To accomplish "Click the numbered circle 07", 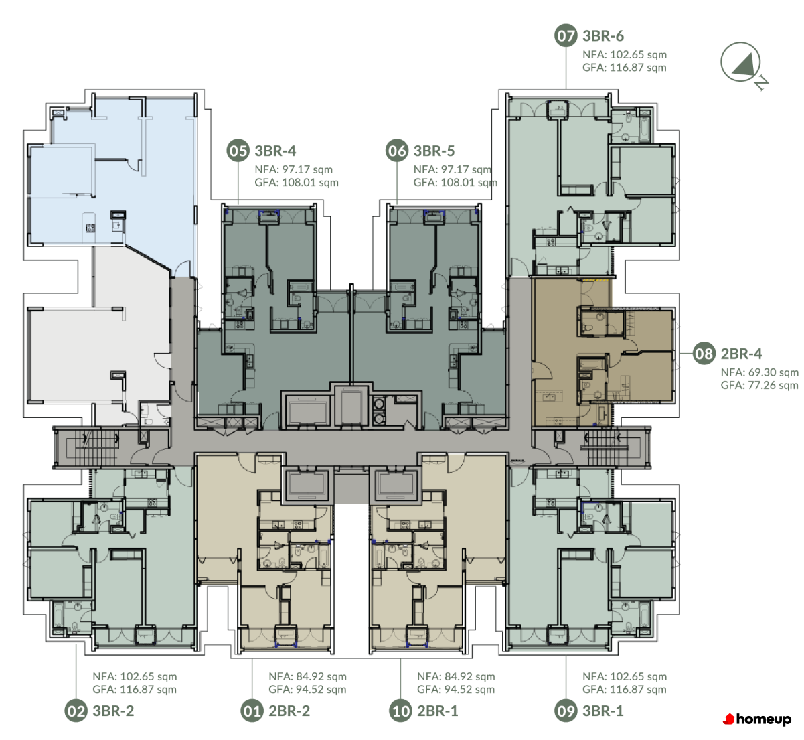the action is coord(566,35).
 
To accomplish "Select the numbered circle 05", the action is coord(238,151).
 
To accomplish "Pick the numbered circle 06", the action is coord(397,151).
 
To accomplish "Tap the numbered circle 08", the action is coord(704,354).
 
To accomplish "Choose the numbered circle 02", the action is coord(76,711).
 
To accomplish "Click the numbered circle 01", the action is coord(252,711).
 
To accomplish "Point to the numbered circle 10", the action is coord(400,711).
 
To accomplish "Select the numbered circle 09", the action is coord(566,711).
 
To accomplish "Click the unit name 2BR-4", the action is coord(741,354).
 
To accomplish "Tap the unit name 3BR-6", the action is coord(602,36).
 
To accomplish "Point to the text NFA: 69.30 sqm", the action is coord(760,372).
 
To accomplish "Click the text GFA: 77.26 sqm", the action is coord(759,386).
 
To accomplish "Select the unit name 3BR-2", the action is coord(113,711).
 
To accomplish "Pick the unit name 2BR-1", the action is coord(437,711).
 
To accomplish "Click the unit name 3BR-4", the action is coord(275,151).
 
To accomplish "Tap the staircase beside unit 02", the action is coord(96,447).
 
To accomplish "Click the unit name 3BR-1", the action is coord(602,711).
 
